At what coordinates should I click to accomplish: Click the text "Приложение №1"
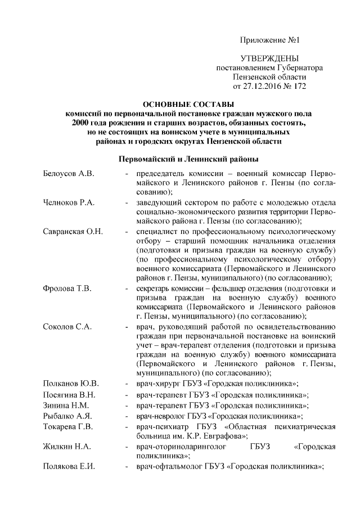click(269, 40)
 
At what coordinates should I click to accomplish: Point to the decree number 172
click(299, 86)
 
